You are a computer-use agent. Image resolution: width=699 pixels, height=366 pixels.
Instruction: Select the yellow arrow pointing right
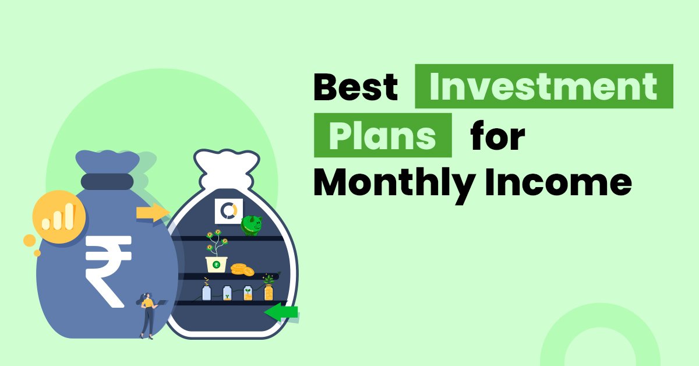click(x=151, y=213)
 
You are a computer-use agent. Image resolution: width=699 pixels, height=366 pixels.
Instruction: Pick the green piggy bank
click(x=252, y=225)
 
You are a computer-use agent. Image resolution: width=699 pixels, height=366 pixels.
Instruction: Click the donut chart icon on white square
click(x=228, y=211)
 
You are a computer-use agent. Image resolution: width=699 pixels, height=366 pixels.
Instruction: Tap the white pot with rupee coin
click(x=217, y=263)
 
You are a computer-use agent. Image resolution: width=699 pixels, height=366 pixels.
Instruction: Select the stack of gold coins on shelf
click(x=242, y=269)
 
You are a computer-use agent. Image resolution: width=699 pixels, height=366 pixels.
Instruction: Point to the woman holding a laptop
click(x=147, y=315)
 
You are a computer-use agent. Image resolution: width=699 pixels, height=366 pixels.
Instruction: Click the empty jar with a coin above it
click(x=206, y=290)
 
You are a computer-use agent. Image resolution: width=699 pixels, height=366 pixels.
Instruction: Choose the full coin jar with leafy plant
click(x=269, y=288)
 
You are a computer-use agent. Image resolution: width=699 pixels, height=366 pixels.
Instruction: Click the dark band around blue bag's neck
click(x=107, y=181)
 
